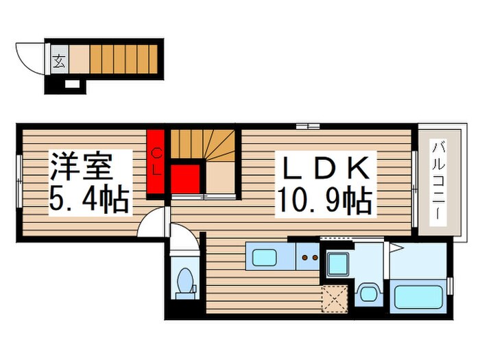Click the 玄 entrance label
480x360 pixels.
coord(59,60)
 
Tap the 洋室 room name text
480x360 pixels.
coord(80,167)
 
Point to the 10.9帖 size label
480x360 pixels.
coord(324,200)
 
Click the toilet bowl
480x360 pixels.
coord(184,282)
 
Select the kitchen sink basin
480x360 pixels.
coord(264,259)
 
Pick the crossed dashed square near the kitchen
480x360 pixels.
coord(335,298)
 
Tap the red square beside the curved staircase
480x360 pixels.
coord(185,178)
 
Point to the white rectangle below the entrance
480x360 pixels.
coord(72,84)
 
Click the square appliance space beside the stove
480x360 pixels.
coord(337,263)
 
